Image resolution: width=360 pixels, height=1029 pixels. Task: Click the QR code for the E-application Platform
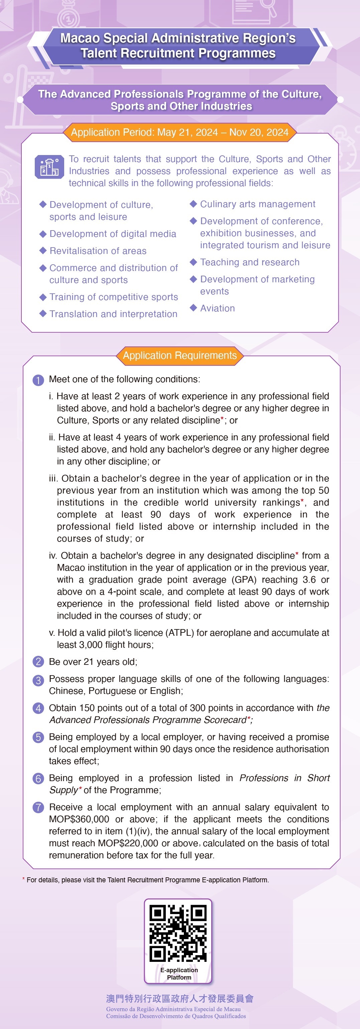178,933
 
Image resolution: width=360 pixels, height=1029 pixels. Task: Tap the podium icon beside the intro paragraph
49,167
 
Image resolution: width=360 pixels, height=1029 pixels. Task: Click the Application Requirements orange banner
180,355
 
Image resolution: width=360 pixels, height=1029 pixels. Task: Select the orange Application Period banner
180,132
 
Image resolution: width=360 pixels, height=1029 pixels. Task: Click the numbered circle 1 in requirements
38,380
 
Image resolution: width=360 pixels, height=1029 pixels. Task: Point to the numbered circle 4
38,708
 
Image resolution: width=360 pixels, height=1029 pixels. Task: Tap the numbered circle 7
38,807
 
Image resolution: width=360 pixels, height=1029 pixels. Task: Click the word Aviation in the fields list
217,308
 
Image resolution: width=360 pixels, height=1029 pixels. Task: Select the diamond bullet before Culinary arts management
194,204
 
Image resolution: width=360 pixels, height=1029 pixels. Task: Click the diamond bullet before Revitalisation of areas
43,251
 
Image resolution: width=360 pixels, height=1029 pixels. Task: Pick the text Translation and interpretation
113,314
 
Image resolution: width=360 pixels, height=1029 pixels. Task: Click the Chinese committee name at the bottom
180,998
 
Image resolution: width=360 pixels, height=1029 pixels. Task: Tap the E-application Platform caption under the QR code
179,974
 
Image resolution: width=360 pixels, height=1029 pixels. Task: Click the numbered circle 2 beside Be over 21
38,662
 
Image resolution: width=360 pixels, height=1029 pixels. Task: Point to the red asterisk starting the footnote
24,879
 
